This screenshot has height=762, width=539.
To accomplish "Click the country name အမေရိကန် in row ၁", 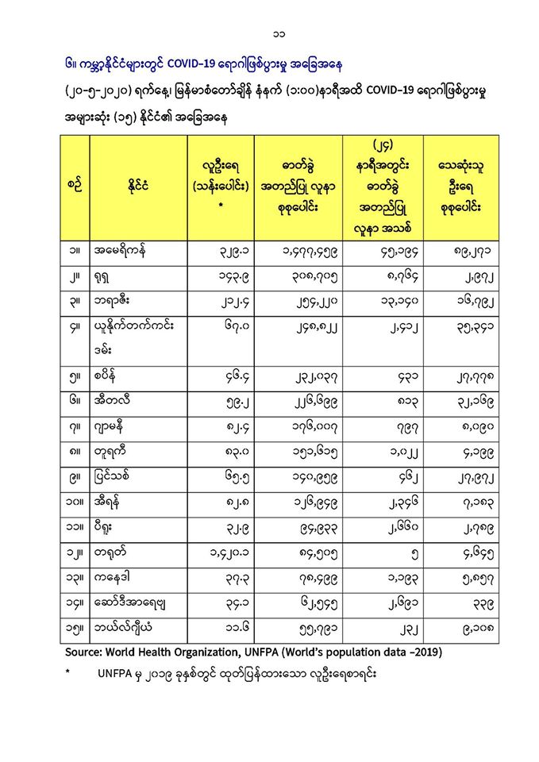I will coord(119,252).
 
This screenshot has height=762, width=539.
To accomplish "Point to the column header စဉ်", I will coord(75,187).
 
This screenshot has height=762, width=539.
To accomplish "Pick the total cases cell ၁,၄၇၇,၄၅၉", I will coord(298,252).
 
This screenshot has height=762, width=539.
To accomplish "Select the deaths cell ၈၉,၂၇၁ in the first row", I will coord(462,252).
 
